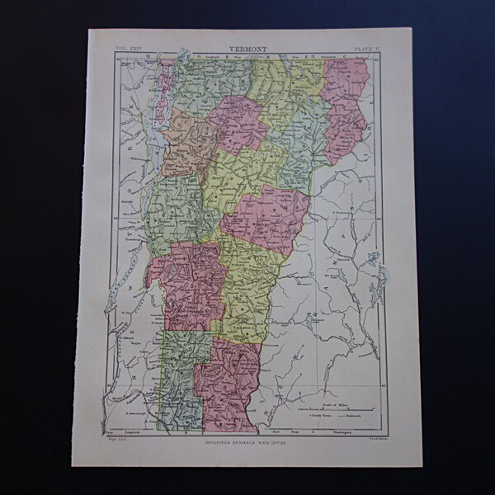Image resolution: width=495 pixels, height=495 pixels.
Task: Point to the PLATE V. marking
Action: tap(365, 49)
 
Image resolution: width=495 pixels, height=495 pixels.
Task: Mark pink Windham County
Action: tap(227, 379)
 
